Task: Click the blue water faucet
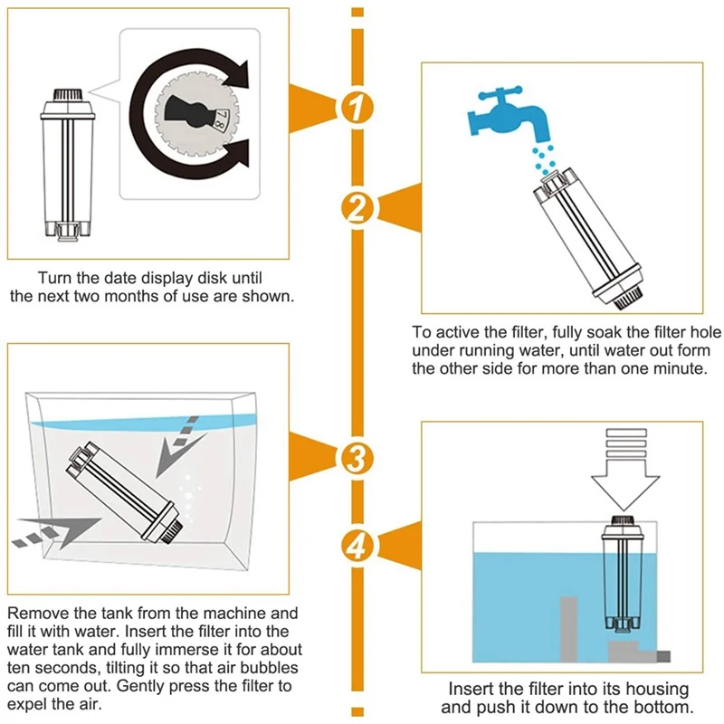[510, 107]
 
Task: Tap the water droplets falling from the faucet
[543, 157]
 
